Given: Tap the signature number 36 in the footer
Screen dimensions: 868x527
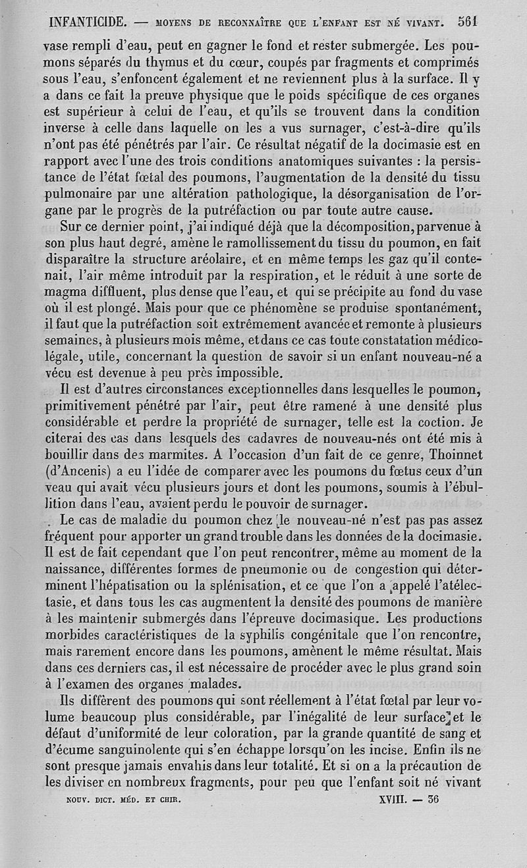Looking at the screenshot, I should tap(432, 801).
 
